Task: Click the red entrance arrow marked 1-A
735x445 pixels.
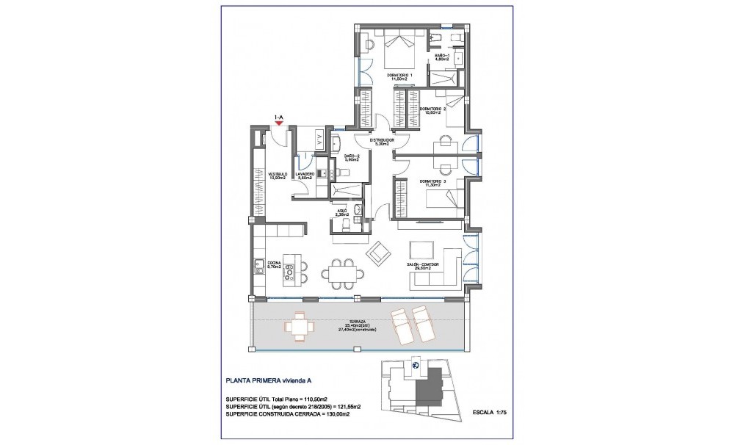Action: [278, 123]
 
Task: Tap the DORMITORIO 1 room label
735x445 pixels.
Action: [400, 76]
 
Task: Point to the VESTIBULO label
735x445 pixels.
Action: [277, 175]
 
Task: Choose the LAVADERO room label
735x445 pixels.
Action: [305, 175]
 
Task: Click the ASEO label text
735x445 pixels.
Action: [341, 211]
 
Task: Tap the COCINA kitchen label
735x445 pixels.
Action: [275, 264]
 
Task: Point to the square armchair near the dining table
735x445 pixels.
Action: [380, 253]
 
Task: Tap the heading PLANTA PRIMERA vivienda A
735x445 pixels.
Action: [270, 380]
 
